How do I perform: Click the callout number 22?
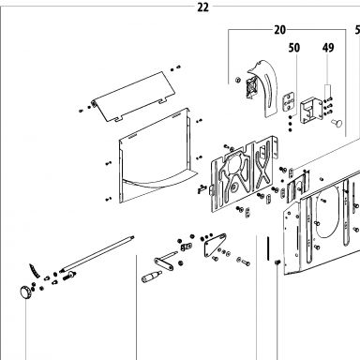point(202,7)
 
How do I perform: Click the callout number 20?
point(280,30)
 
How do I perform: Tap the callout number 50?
point(294,48)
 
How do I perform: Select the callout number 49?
point(328,48)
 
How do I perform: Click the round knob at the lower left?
point(25,293)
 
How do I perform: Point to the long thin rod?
point(97,253)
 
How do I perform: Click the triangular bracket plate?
point(215,245)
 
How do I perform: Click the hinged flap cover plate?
point(133,97)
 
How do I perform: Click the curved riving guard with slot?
point(262,87)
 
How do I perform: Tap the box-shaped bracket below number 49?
point(311,111)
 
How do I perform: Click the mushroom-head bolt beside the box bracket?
point(337,123)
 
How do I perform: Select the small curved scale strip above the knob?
point(35,271)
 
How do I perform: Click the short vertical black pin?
point(268,248)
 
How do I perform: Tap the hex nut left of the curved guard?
point(237,80)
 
